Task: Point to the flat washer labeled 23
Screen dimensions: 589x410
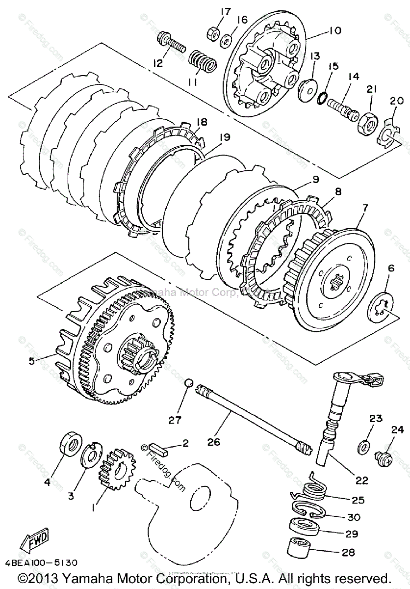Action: pos(364,446)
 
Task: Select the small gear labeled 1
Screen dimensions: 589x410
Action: pos(113,469)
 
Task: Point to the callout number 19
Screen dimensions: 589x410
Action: pos(224,138)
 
